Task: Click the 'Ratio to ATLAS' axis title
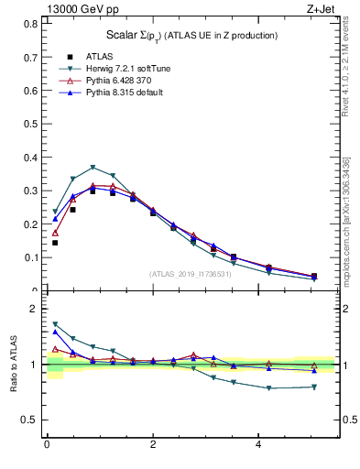click(x=12, y=365)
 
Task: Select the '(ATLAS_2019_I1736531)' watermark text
click(x=191, y=273)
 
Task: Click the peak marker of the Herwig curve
click(x=93, y=168)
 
